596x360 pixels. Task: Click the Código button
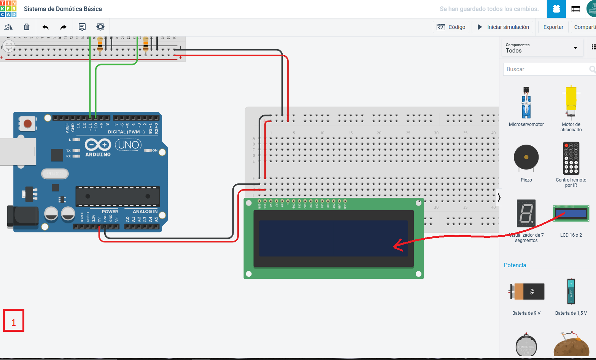click(x=451, y=27)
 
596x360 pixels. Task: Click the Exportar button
click(x=553, y=27)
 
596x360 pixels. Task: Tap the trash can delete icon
click(x=27, y=27)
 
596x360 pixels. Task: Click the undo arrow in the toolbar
click(x=46, y=27)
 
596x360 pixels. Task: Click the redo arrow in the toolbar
click(x=64, y=27)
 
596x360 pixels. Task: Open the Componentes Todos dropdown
click(x=542, y=48)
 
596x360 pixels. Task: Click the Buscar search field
click(x=546, y=69)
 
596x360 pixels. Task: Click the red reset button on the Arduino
click(x=27, y=124)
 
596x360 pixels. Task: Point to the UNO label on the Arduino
click(x=129, y=145)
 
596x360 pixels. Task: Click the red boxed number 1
click(x=14, y=320)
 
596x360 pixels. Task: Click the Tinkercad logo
click(x=8, y=9)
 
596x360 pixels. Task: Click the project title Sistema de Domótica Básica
click(x=63, y=9)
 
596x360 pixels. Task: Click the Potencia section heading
click(x=515, y=265)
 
